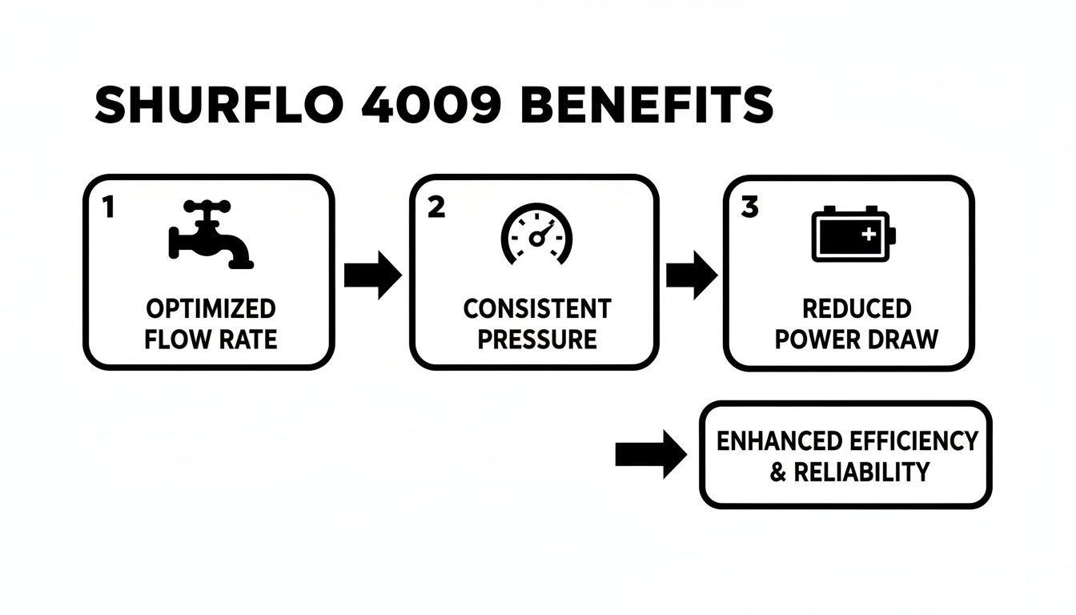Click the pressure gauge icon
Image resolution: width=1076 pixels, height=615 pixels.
click(x=536, y=235)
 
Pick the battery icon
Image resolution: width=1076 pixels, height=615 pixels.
click(x=853, y=234)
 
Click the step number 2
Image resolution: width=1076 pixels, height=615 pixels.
click(x=436, y=207)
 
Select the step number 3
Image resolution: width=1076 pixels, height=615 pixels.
click(x=749, y=207)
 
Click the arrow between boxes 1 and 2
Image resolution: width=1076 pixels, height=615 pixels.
click(x=372, y=275)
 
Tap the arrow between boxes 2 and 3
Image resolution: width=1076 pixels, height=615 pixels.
click(x=692, y=275)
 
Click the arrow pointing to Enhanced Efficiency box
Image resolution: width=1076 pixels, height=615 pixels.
click(x=650, y=454)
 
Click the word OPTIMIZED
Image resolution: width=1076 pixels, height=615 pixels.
click(x=211, y=309)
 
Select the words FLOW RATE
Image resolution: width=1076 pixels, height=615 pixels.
click(x=211, y=339)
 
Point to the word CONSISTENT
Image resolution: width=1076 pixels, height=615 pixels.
click(x=537, y=309)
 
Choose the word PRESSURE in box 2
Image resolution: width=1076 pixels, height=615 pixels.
click(x=537, y=339)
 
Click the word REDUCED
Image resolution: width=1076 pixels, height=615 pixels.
click(x=857, y=309)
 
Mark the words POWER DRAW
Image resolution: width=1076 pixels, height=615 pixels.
click(x=857, y=339)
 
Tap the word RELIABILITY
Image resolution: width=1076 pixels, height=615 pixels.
click(x=861, y=472)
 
